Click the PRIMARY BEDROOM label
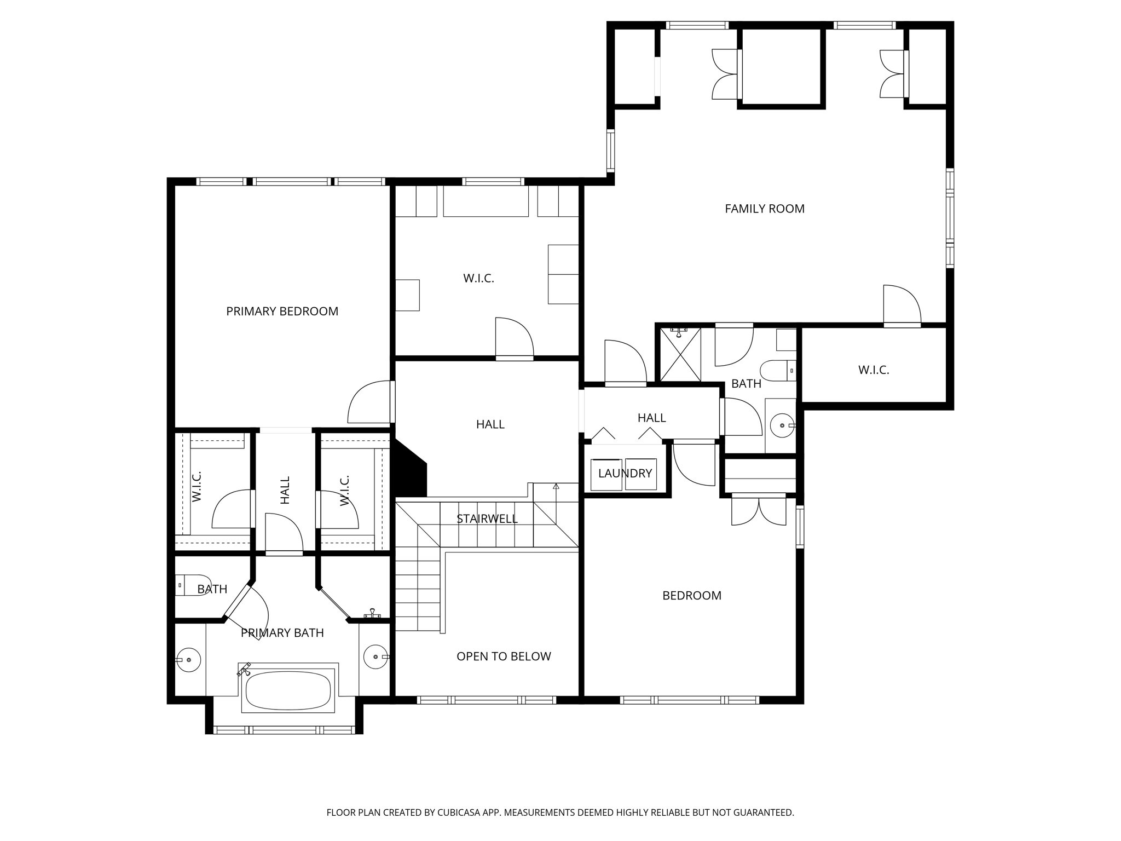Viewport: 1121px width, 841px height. [282, 311]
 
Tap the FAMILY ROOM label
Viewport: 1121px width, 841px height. [764, 209]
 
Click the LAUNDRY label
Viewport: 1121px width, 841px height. [625, 473]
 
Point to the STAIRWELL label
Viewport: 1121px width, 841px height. [487, 519]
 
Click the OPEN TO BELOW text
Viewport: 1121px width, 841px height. [504, 656]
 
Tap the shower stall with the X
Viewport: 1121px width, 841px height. [680, 354]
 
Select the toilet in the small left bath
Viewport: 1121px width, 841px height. [192, 585]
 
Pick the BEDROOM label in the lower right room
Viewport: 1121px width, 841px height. [691, 595]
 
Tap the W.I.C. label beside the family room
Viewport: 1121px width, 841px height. [873, 370]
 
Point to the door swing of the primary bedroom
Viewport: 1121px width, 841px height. [368, 402]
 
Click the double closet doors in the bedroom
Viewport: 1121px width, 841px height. [758, 511]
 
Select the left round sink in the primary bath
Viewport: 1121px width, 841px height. [189, 660]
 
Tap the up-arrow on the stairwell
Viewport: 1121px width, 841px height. [556, 486]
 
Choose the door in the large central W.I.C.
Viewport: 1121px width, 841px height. [514, 338]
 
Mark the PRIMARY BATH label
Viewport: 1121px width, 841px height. [282, 633]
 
